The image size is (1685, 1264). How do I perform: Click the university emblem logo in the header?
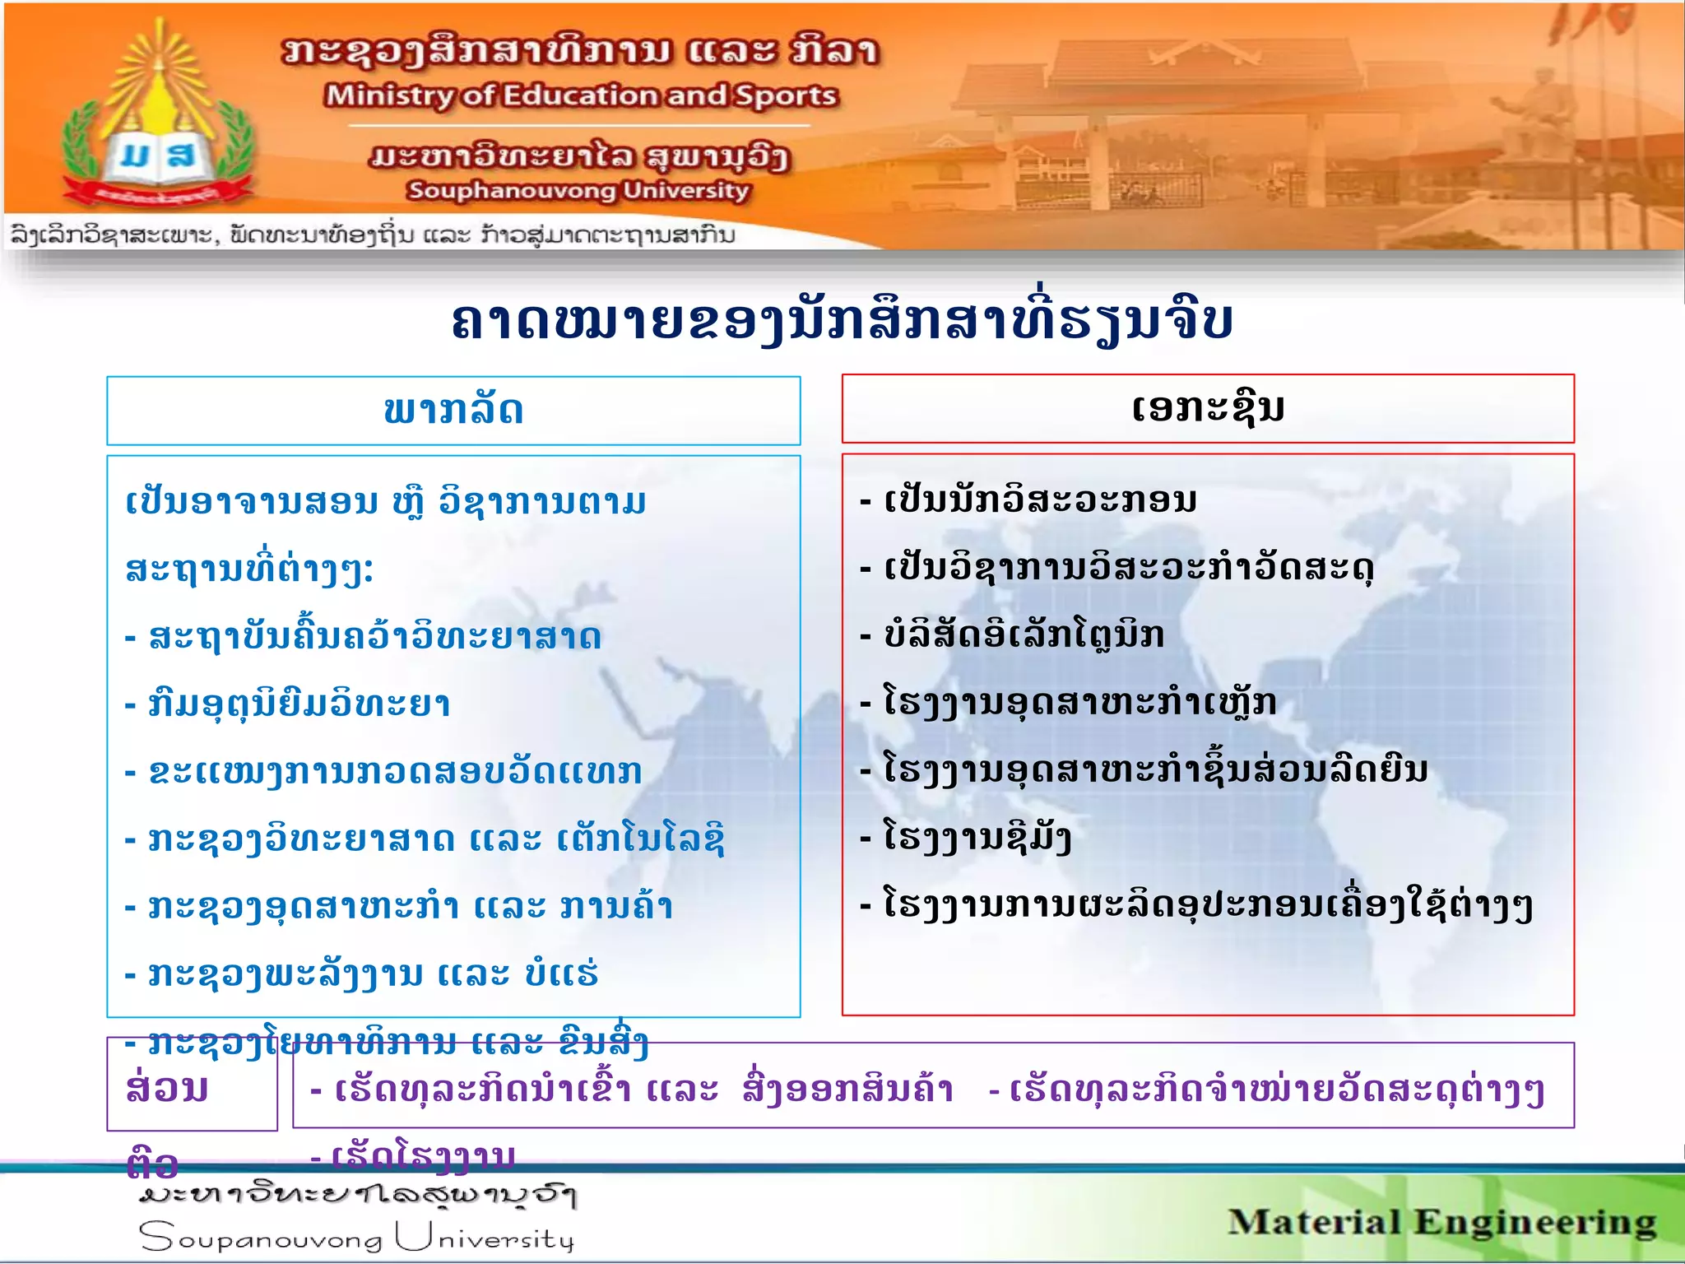[x=156, y=123]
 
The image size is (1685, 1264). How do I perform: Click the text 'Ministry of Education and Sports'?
[x=581, y=96]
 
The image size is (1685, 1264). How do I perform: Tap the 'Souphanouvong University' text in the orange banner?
[x=578, y=191]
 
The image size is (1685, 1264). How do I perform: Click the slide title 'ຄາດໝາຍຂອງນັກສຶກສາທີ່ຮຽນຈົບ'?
[x=841, y=321]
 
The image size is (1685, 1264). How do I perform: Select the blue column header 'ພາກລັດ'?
[x=453, y=411]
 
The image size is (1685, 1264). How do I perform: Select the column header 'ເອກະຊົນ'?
[x=1207, y=408]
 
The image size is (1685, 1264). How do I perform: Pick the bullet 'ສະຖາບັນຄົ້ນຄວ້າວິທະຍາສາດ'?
[x=374, y=637]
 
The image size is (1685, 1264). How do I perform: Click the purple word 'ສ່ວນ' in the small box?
[x=167, y=1088]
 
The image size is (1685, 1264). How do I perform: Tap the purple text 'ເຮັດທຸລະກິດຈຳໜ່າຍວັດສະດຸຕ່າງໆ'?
[x=1275, y=1091]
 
